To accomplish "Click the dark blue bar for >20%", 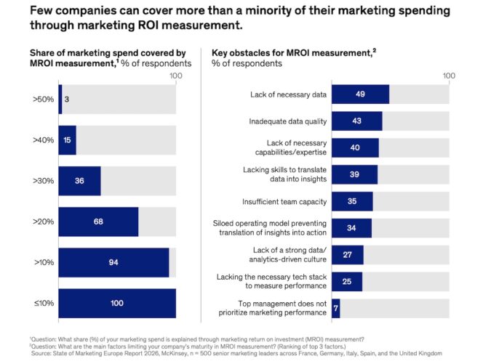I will click(98, 222).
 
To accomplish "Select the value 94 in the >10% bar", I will click(113, 262).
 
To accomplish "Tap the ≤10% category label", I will click(42, 303).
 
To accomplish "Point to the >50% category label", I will click(42, 99).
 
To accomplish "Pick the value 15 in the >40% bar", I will click(67, 140).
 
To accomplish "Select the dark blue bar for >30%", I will click(79, 181).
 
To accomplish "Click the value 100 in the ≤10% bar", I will click(116, 303).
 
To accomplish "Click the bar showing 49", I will click(360, 94).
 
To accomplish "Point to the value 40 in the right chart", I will click(355, 147).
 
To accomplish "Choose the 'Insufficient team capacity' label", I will click(284, 201).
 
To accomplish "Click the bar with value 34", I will click(351, 228).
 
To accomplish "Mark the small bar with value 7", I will click(335, 308).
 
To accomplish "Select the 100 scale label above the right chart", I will click(449, 76).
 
